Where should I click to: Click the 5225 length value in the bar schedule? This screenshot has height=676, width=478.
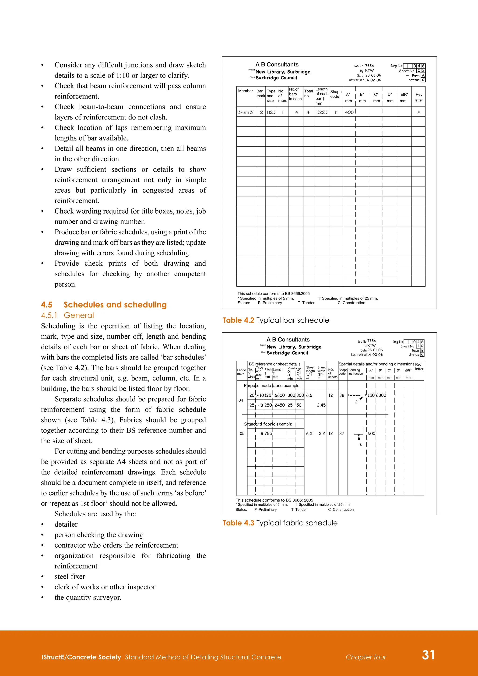click(x=322, y=112)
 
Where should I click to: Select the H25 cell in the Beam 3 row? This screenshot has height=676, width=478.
click(x=271, y=112)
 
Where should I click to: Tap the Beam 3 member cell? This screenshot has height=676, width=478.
click(x=245, y=112)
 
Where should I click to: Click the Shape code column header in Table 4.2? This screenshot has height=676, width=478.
click(x=336, y=94)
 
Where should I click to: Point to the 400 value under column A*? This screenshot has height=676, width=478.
click(x=349, y=112)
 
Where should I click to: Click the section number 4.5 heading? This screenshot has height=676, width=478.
click(x=46, y=305)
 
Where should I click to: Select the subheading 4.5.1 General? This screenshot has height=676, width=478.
click(x=67, y=315)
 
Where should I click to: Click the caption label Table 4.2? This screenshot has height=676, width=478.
click(x=238, y=320)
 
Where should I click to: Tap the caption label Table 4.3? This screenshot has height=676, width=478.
click(x=238, y=523)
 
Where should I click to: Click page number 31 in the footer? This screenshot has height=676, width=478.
click(x=428, y=655)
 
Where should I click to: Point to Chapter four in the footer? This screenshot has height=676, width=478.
click(x=366, y=657)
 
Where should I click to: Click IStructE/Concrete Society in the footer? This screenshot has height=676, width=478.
click(x=81, y=657)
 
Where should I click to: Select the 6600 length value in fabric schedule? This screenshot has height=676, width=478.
click(x=280, y=395)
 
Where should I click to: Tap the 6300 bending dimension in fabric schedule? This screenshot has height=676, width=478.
click(x=381, y=395)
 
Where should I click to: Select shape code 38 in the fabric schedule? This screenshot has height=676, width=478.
click(x=342, y=395)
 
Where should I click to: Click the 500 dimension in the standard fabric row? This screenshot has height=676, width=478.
click(x=371, y=433)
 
